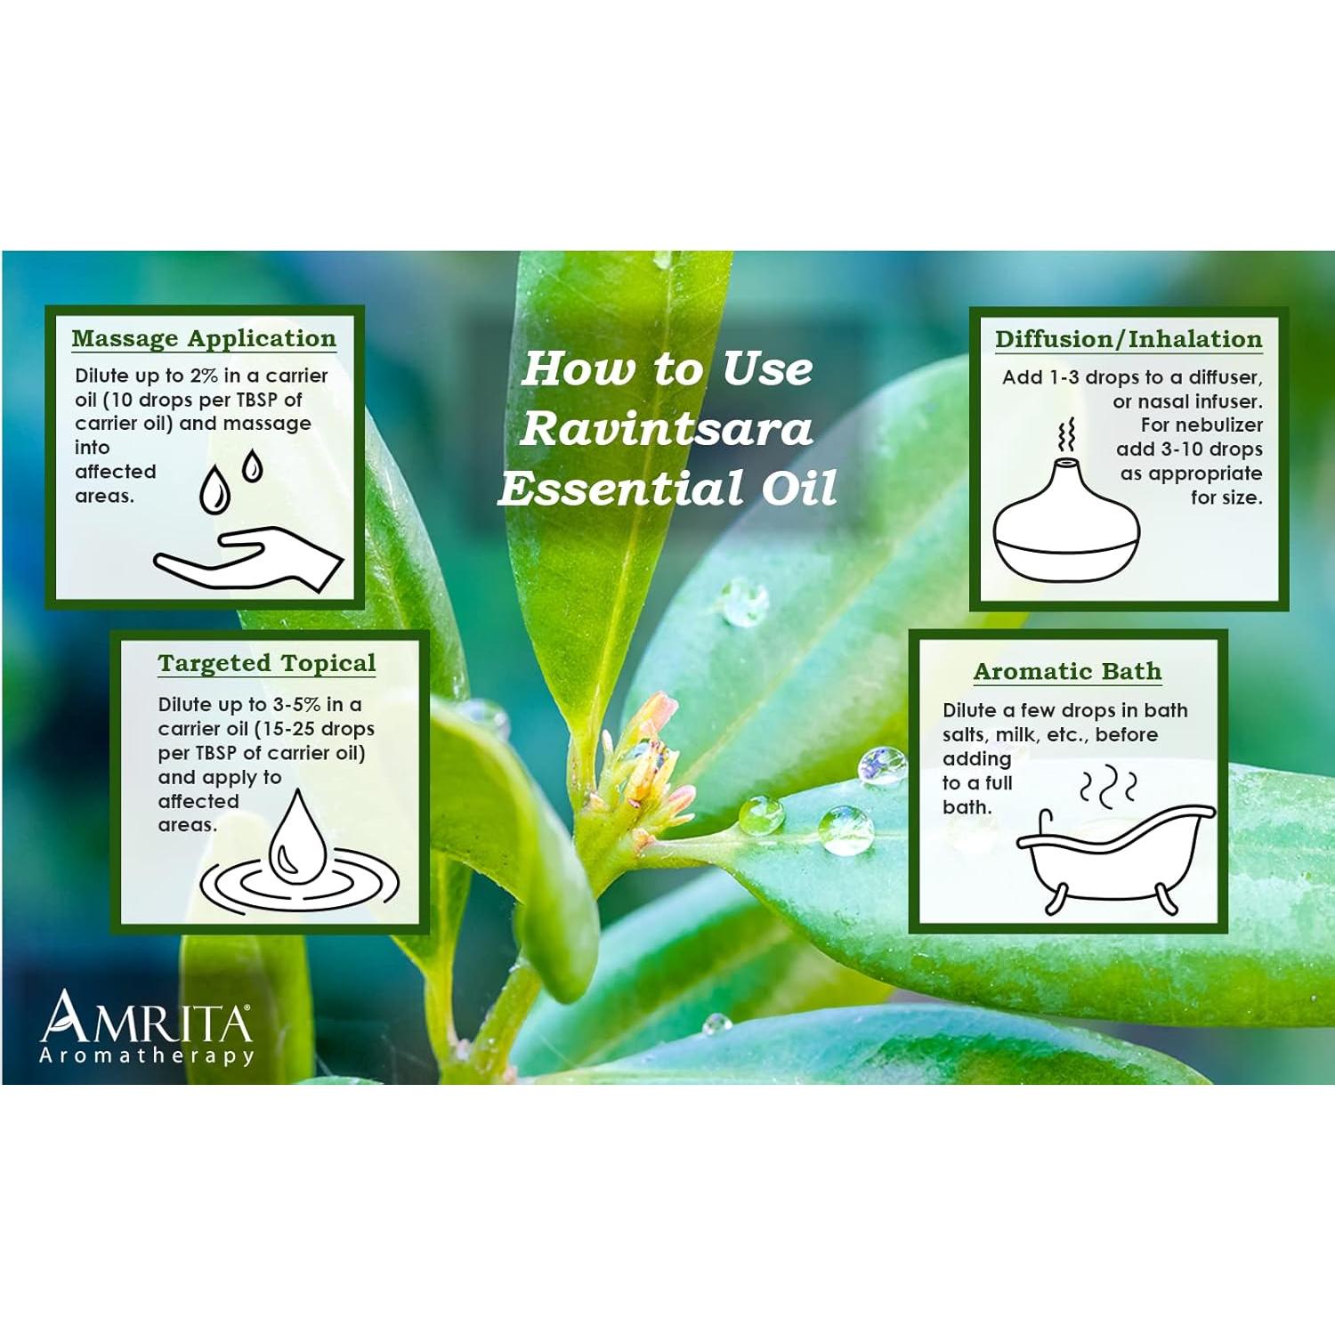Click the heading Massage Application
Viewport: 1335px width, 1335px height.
[204, 339]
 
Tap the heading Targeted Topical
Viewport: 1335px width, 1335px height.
[267, 664]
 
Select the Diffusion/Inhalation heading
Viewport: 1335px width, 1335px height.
[1129, 340]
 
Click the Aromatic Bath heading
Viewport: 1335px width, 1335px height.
[1067, 672]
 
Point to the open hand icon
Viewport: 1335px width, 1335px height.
[248, 560]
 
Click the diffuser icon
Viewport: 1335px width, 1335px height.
[1066, 526]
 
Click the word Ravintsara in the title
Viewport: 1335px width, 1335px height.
[666, 429]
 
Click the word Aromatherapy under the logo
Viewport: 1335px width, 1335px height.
[147, 1056]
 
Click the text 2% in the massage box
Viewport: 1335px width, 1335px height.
[204, 376]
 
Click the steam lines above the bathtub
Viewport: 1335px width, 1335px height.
[1108, 788]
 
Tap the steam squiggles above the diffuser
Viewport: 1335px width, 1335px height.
[1066, 436]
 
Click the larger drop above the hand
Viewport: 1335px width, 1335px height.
[214, 491]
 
